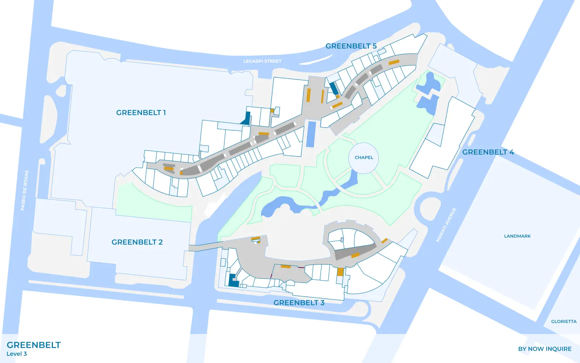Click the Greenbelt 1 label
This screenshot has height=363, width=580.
(141, 113)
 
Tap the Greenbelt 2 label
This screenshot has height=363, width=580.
(137, 242)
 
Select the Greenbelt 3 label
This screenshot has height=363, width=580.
(299, 303)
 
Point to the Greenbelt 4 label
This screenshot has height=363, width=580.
(488, 152)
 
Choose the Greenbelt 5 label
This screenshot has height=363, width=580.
(351, 46)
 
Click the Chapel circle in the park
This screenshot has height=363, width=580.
(364, 158)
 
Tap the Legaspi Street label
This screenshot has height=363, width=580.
(262, 61)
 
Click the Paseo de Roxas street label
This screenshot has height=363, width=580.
(24, 190)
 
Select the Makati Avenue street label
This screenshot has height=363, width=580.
(446, 225)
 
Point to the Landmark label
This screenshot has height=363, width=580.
(517, 236)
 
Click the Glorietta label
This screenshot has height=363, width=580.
(564, 321)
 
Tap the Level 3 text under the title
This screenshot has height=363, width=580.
(17, 354)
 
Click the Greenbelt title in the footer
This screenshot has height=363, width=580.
(34, 345)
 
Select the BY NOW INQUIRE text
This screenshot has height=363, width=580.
(544, 349)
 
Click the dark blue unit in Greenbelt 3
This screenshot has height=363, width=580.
(233, 281)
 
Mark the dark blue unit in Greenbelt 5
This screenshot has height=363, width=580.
(333, 88)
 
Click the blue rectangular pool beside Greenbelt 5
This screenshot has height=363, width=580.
(311, 134)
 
